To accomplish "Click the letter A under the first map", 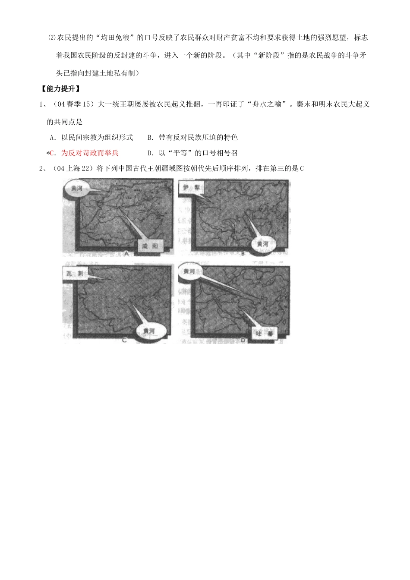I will point(126,254).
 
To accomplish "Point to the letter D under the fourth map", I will point(243,340).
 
